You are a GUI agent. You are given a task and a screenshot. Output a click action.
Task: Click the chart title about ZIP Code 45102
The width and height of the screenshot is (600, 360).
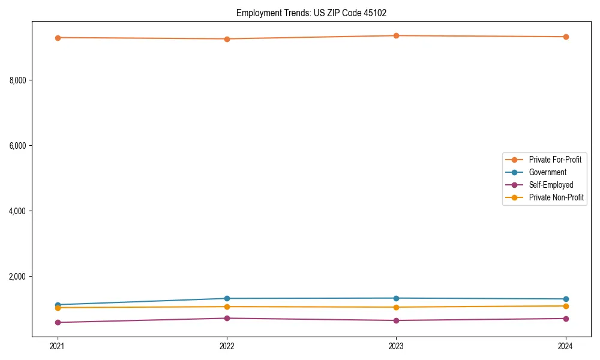click(x=316, y=13)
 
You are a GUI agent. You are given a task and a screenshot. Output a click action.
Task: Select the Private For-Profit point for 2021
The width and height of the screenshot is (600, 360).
click(x=58, y=38)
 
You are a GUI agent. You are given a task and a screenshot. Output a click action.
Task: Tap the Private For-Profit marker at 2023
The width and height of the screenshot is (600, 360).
click(x=397, y=35)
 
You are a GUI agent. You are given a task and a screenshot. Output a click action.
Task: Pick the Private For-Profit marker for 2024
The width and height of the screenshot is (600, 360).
click(x=566, y=37)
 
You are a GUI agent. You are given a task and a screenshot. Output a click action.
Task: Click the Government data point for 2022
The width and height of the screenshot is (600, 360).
click(x=227, y=298)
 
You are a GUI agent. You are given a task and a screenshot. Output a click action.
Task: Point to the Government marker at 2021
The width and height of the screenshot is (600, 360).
click(x=58, y=305)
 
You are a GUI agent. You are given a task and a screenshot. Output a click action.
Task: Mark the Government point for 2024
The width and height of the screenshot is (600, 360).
click(x=566, y=299)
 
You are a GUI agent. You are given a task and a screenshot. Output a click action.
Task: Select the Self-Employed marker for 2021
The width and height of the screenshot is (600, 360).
click(x=58, y=322)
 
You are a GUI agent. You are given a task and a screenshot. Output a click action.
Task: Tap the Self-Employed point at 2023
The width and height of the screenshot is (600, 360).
click(x=397, y=320)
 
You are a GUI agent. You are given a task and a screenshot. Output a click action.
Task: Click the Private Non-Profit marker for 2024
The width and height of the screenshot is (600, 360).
click(x=566, y=306)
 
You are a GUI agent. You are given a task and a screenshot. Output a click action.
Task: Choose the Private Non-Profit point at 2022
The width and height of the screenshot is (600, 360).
click(x=227, y=307)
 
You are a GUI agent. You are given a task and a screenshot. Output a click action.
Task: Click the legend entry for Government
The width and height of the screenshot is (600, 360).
click(x=547, y=172)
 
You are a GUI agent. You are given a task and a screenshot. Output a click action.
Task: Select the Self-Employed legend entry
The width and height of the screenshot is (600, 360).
click(x=551, y=185)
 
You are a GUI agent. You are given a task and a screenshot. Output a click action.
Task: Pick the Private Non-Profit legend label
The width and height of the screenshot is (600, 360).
click(x=556, y=197)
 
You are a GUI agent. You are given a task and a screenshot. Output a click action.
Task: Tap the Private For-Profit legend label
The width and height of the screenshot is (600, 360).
click(x=555, y=160)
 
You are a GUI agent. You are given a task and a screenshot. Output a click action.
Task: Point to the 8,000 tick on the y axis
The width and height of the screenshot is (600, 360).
click(x=21, y=80)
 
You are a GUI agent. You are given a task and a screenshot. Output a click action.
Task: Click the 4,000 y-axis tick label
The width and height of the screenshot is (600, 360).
click(x=21, y=211)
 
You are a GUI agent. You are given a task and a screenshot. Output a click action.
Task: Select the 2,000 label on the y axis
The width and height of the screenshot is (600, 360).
click(x=21, y=277)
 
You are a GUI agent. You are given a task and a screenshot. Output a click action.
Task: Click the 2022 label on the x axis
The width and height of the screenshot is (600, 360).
click(x=227, y=346)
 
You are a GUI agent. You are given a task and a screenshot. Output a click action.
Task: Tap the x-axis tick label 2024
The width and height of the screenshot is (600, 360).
click(x=566, y=346)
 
